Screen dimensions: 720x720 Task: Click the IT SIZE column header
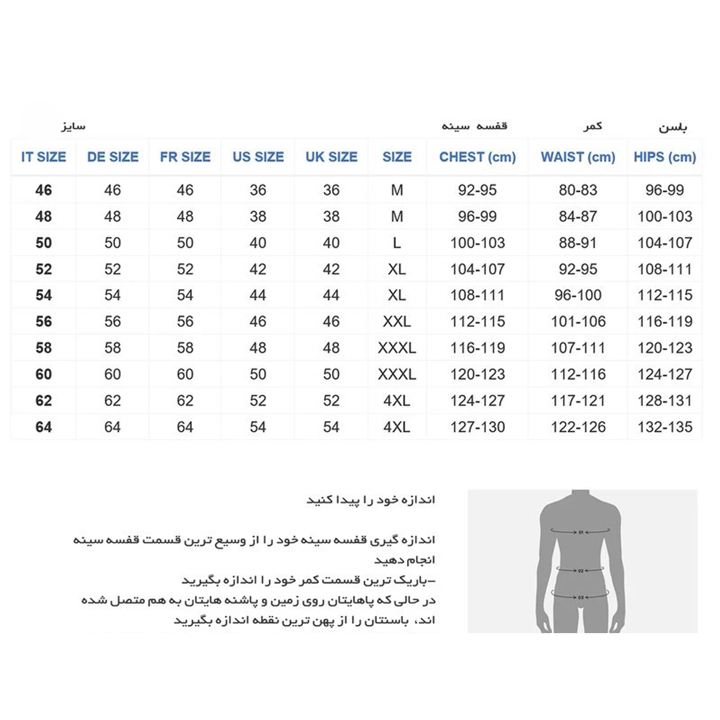(44, 157)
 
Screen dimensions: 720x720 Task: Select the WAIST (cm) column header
(578, 157)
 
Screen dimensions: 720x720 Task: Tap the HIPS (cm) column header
(665, 157)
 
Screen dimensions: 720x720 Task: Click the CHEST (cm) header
(478, 157)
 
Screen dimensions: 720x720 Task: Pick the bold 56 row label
(44, 322)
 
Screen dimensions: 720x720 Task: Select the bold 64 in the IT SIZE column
(44, 427)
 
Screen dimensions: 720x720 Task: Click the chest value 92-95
(477, 190)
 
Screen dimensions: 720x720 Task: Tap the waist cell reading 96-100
(578, 295)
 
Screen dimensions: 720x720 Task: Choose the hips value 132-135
(665, 427)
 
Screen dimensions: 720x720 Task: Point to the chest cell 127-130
(478, 427)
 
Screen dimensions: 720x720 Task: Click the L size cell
(397, 243)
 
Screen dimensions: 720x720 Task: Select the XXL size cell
(397, 322)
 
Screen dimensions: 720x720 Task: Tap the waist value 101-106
(578, 322)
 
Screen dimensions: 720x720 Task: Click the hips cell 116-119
(665, 322)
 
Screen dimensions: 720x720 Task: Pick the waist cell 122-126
(578, 427)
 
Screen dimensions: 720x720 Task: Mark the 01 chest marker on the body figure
(581, 532)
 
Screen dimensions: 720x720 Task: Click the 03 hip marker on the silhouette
(581, 597)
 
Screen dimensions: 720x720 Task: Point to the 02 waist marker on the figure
(581, 570)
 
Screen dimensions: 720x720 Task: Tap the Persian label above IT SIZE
(73, 126)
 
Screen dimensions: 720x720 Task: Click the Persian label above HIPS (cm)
(672, 127)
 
